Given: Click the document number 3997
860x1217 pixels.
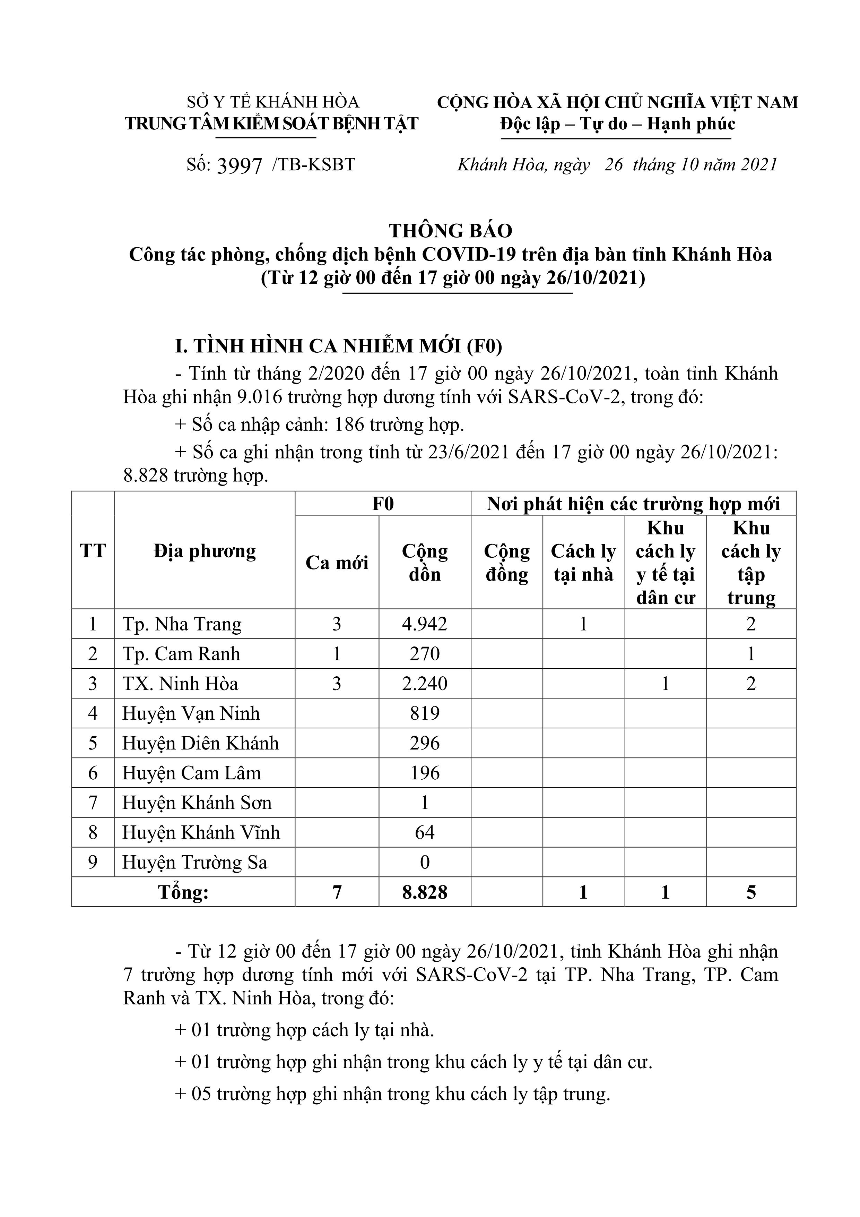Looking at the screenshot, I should point(240,166).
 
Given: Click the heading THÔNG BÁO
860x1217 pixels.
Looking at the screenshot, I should point(450,231).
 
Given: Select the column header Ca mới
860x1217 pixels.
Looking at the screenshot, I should point(337,563).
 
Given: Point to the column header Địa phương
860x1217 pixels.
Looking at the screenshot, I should point(205,551).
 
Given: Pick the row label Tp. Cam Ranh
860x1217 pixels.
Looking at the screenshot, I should point(181,653).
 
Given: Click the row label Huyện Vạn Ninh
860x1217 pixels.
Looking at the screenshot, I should point(191,713).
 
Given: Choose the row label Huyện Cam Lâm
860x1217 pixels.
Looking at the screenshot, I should point(192,773).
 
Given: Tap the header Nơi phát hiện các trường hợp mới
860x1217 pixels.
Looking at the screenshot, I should point(633,504).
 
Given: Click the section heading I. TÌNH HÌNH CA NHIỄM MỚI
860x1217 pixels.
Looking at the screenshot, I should point(339,346).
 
